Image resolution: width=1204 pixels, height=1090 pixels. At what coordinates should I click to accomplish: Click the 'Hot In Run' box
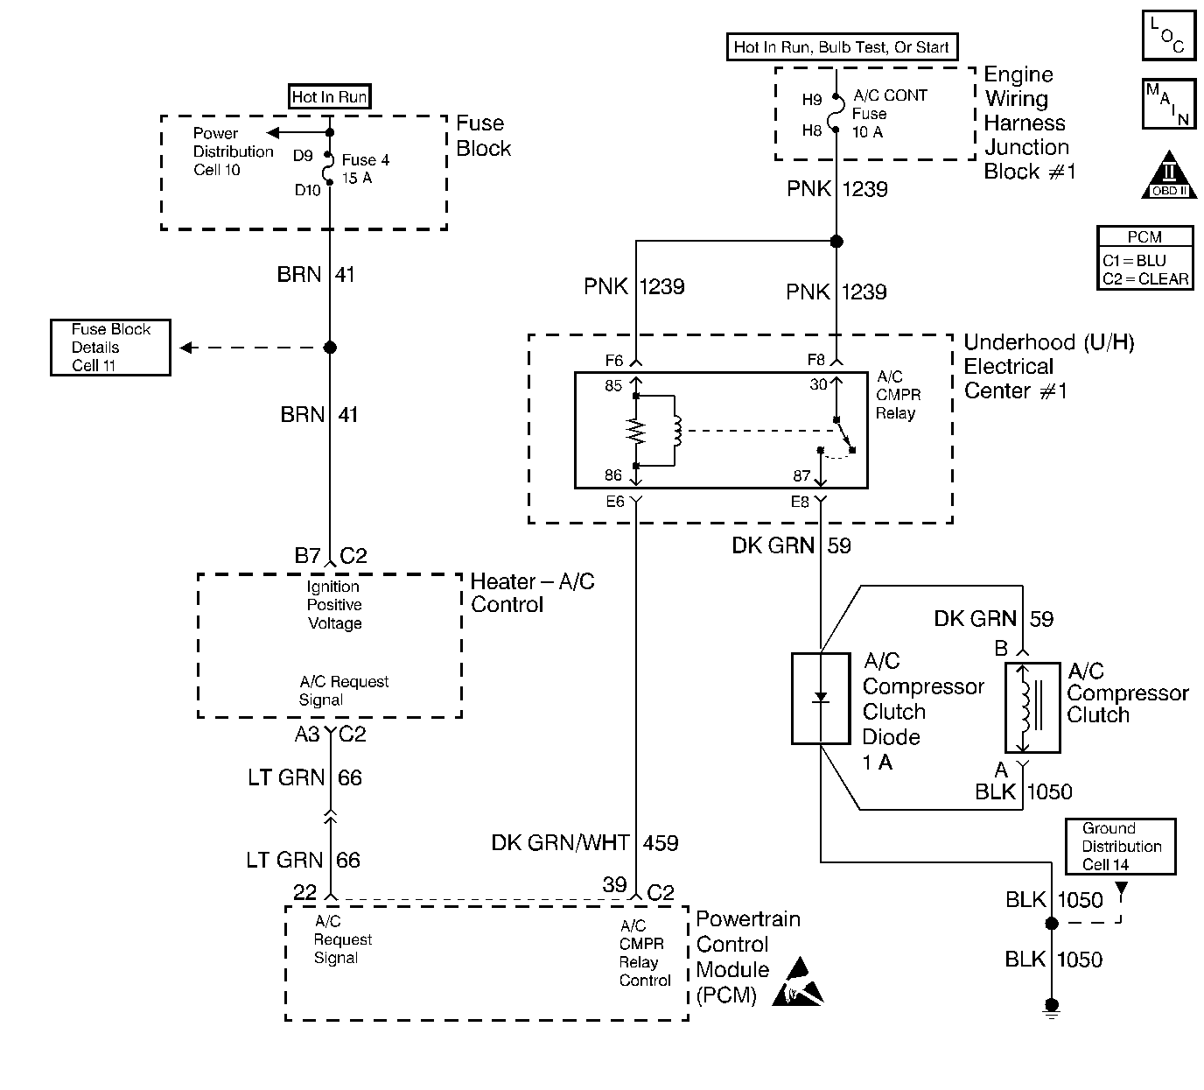(329, 96)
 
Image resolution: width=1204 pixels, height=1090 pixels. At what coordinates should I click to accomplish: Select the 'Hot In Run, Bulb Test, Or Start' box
(841, 47)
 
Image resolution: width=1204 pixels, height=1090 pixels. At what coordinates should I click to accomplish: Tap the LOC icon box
(1168, 36)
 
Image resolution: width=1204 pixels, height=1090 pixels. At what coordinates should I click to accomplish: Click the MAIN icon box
(1168, 103)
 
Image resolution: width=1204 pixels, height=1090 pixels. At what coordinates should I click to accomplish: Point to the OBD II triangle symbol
(1169, 176)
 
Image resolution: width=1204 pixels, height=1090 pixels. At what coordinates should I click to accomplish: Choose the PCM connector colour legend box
(1144, 258)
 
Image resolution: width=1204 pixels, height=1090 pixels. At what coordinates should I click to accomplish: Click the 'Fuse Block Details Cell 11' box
(110, 348)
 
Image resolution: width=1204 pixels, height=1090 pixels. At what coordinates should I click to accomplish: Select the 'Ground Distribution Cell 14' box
(1120, 847)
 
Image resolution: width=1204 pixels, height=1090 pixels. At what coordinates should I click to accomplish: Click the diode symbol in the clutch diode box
(821, 698)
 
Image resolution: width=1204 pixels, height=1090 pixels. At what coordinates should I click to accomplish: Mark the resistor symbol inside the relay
(636, 432)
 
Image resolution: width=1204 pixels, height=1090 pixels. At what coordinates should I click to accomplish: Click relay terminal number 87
(801, 475)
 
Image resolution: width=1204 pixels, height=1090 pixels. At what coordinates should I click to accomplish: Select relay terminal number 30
(818, 384)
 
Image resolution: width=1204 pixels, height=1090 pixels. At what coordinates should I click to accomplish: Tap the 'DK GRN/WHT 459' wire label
(584, 843)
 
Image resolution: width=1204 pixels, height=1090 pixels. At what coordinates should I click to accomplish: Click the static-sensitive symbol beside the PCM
(798, 982)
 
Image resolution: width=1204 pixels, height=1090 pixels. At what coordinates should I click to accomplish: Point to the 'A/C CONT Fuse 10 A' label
(888, 114)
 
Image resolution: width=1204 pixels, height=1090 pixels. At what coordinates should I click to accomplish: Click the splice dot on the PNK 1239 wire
(836, 242)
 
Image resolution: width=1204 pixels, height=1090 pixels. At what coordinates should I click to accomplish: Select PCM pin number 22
(304, 892)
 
